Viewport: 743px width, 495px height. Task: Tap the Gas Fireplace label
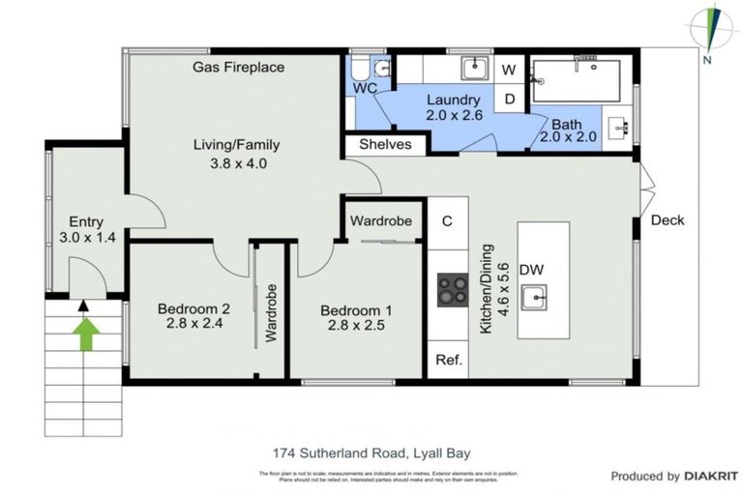point(238,67)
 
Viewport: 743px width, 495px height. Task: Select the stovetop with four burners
point(451,289)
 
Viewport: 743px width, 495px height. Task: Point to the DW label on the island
point(531,270)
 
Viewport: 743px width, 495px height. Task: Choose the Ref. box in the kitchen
point(449,360)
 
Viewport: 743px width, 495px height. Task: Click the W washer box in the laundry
point(509,70)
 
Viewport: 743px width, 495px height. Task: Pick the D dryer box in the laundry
point(509,98)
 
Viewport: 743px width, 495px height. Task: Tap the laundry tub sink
point(473,69)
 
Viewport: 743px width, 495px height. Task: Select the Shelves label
point(385,144)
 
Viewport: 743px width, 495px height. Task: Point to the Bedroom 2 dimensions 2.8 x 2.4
point(193,325)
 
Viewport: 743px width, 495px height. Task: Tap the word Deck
point(668,220)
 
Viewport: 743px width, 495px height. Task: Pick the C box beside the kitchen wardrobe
point(447,220)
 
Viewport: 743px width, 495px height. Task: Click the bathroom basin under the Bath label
point(619,126)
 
